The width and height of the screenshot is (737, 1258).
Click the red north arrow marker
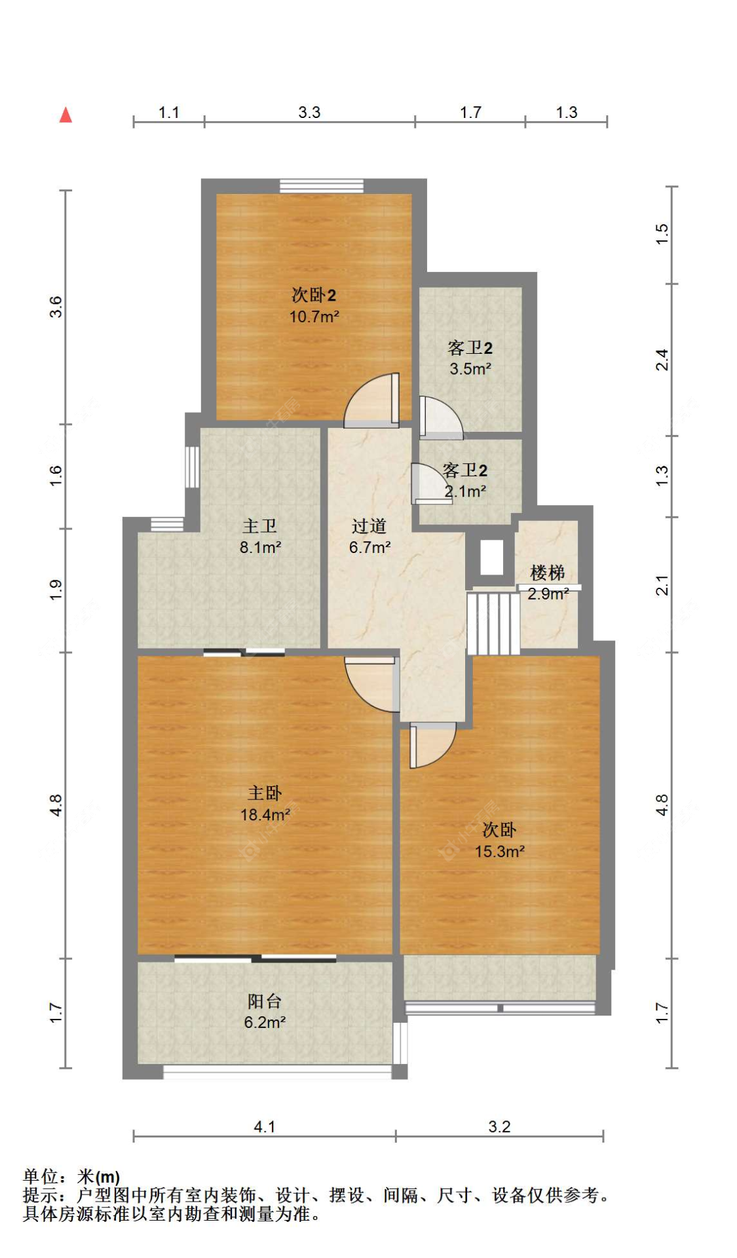pos(66,115)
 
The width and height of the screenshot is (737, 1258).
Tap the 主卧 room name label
pos(265,793)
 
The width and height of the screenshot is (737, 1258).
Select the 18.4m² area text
pos(265,815)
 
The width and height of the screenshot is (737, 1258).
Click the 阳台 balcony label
pos(265,1001)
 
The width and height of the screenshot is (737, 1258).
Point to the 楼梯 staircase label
pos(548,573)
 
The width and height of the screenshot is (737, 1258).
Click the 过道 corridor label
pos(369,526)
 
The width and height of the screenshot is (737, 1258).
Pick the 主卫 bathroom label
pos(260,525)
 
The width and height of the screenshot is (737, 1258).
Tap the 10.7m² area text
pos(314,317)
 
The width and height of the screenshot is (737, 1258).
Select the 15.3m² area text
pos(500,852)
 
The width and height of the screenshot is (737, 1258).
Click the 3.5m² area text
pos(470,369)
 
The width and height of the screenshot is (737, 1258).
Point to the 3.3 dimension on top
pos(309,112)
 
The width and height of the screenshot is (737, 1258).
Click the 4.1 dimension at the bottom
pos(265,1126)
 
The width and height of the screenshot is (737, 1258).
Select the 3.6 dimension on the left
pos(56,307)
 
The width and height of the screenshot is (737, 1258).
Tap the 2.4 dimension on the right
pos(662,360)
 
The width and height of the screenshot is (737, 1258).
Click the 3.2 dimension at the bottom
pos(499,1126)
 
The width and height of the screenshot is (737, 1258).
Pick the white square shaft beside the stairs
pos(491,558)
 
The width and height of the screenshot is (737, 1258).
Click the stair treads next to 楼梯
pos(493,624)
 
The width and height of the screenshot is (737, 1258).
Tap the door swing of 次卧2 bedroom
pos(372,400)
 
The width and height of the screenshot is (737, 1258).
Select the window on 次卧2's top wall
pos(322,186)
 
